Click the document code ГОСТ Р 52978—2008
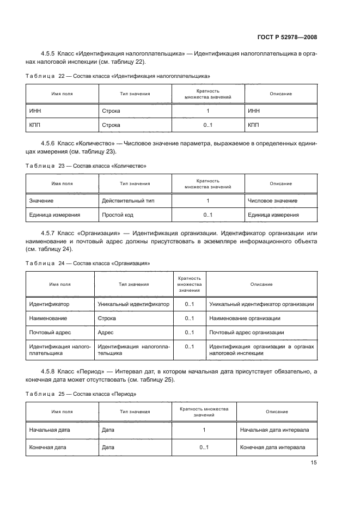[x=287, y=38]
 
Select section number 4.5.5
[x=51, y=53]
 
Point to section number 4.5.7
[x=51, y=233]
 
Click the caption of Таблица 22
[x=118, y=76]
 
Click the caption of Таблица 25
[x=81, y=394]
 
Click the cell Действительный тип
[x=128, y=201]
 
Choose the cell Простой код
[x=118, y=215]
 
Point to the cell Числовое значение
[x=272, y=201]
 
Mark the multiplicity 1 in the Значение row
[x=208, y=201]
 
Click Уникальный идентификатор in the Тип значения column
[x=133, y=304]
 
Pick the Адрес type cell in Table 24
[x=105, y=332]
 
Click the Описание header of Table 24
[x=261, y=285]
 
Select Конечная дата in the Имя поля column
[x=47, y=447]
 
